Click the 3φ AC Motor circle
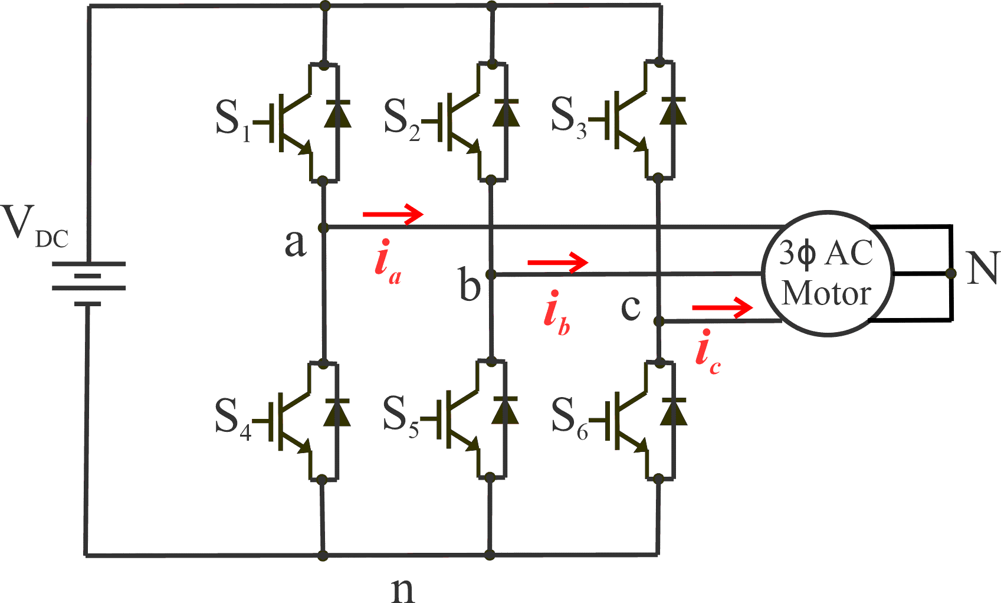tap(827, 273)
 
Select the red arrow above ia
tap(393, 214)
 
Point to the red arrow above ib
tap(557, 262)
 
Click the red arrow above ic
tap(722, 307)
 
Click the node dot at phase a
tap(323, 228)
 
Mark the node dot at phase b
tap(490, 274)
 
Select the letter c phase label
tap(631, 307)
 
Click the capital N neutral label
tap(982, 268)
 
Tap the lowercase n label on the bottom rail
tap(403, 589)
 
